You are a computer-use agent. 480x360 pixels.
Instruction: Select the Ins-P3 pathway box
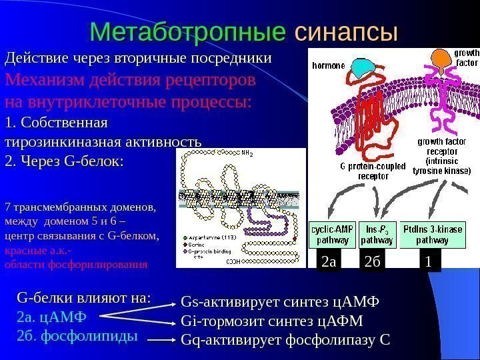tap(377, 235)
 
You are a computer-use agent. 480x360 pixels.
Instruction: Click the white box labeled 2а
tap(329, 263)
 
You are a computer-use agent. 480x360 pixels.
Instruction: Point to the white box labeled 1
tap(429, 263)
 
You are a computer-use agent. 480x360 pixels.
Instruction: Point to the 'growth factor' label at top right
tap(466, 57)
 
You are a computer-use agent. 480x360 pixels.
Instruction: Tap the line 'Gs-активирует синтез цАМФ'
tap(279, 302)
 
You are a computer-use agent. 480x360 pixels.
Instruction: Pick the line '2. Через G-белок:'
tap(64, 161)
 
